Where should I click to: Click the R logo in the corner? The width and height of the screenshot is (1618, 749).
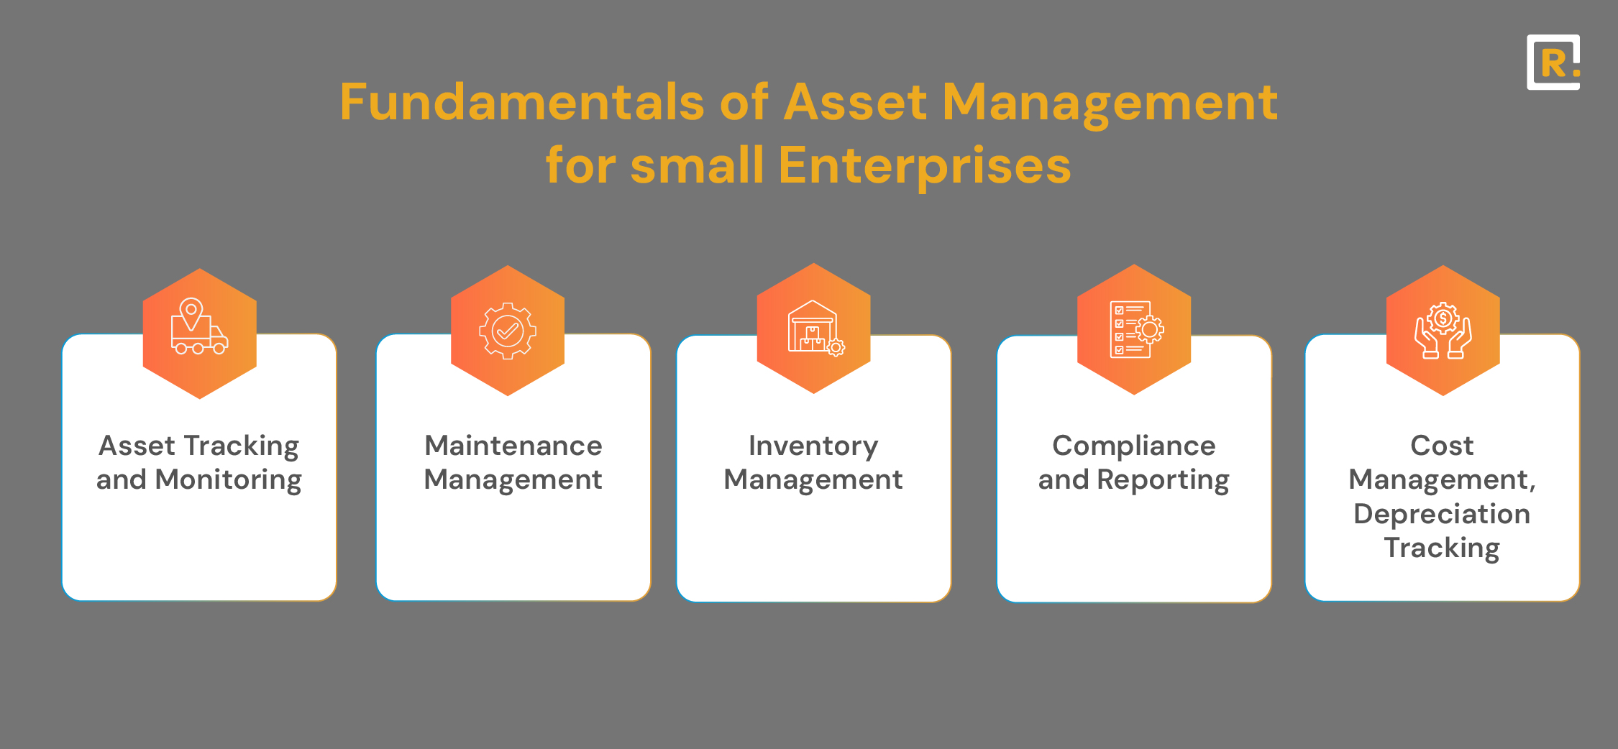[1553, 63]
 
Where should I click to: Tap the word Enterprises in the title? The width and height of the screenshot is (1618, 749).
[925, 166]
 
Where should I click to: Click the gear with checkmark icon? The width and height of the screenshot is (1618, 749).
[508, 331]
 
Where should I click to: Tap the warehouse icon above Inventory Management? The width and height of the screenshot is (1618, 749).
[815, 328]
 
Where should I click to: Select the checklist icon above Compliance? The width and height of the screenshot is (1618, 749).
[1136, 329]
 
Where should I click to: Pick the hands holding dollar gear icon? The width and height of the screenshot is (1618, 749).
[1443, 331]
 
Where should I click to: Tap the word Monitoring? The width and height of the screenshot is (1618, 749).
[229, 481]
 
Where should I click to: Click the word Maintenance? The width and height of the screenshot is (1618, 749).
[513, 446]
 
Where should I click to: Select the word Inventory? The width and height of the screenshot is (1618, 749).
[813, 447]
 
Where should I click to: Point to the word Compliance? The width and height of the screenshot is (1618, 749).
[1134, 447]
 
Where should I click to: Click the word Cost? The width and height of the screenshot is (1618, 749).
[1443, 446]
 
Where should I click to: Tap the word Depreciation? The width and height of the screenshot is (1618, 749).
[1443, 515]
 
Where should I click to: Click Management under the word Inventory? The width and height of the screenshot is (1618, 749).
[813, 480]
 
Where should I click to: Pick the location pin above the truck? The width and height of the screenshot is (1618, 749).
[191, 314]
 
